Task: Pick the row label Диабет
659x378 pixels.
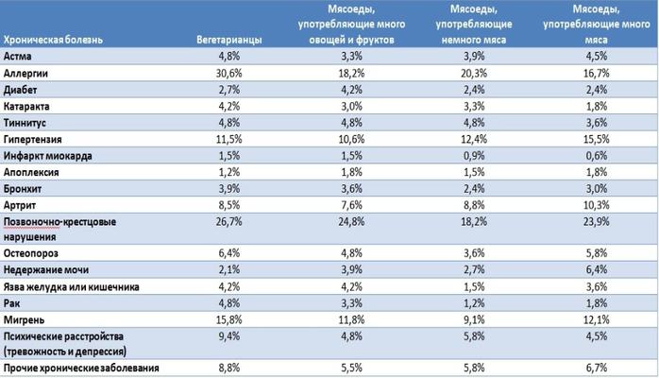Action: click(x=23, y=89)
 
